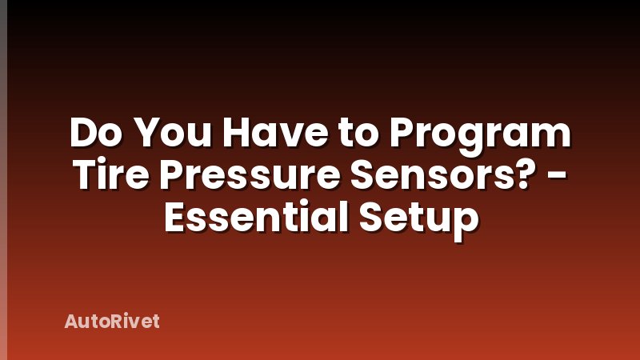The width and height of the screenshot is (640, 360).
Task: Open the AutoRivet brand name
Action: click(112, 322)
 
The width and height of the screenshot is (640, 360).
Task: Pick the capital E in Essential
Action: click(176, 216)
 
